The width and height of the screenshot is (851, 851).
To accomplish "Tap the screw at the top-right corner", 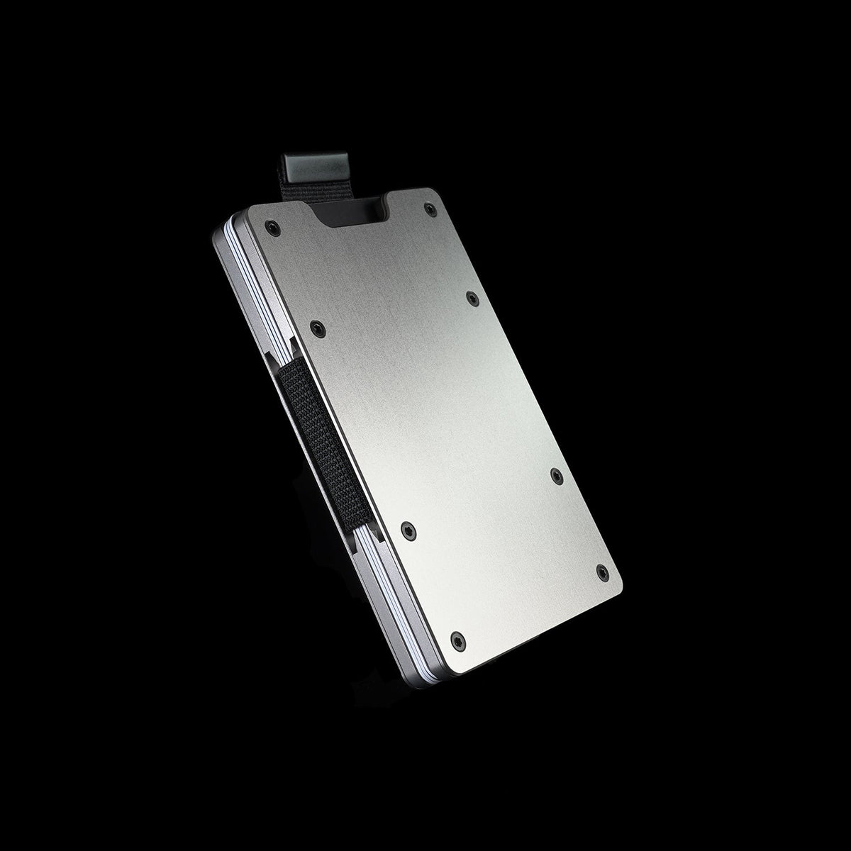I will [430, 208].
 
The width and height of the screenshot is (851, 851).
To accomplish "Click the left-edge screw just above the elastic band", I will [317, 328].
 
